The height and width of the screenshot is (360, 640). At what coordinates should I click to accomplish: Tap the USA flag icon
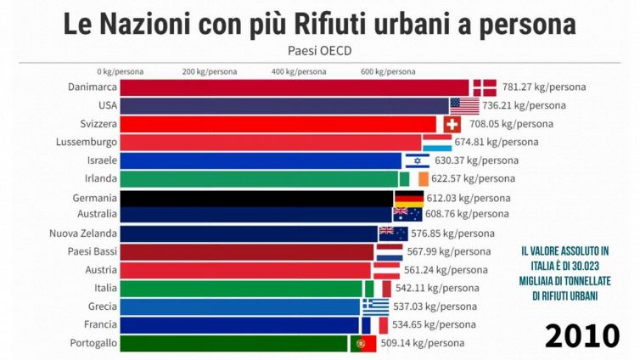pyautogui.click(x=464, y=105)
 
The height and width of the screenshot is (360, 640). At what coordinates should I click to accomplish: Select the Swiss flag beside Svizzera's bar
pyautogui.click(x=452, y=124)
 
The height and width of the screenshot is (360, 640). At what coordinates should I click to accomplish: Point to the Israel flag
pyautogui.click(x=417, y=160)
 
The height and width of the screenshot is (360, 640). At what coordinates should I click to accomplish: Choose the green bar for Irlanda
pyautogui.click(x=259, y=178)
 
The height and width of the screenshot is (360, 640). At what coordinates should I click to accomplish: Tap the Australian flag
pyautogui.click(x=407, y=215)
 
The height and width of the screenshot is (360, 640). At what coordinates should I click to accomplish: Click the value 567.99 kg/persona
pyautogui.click(x=448, y=251)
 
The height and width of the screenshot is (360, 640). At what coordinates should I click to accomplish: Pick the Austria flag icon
pyautogui.click(x=387, y=270)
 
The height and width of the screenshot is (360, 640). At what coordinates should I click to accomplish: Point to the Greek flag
pyautogui.click(x=375, y=307)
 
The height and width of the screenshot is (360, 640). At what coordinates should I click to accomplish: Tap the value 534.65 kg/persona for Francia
pyautogui.click(x=433, y=324)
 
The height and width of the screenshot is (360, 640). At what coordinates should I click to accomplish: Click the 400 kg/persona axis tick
pyautogui.click(x=298, y=71)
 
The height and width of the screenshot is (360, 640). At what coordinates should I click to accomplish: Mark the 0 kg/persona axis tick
pyautogui.click(x=120, y=71)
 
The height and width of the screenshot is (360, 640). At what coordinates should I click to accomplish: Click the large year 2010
pyautogui.click(x=581, y=335)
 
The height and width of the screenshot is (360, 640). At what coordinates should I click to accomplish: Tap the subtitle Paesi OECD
pyautogui.click(x=320, y=49)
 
